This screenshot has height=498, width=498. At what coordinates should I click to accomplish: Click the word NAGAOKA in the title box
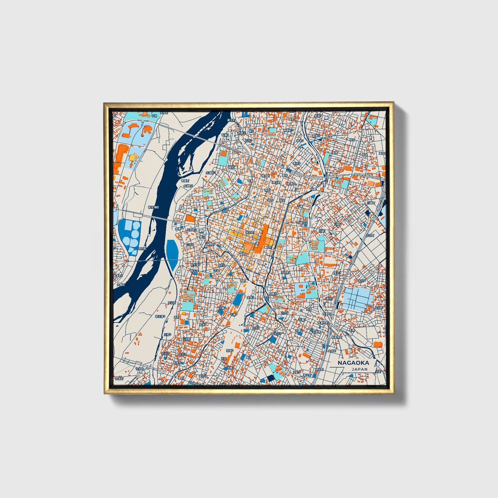click(x=353, y=363)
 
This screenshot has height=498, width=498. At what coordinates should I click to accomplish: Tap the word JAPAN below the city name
click(x=360, y=369)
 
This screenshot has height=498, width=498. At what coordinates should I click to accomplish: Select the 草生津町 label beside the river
click(x=153, y=207)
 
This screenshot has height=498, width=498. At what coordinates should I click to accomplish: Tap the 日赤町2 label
click(x=191, y=229)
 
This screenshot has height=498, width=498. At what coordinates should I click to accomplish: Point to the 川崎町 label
click(x=370, y=203)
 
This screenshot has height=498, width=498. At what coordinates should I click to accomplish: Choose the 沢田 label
click(x=224, y=359)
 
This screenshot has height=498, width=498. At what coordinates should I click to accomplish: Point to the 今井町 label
click(x=139, y=368)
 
